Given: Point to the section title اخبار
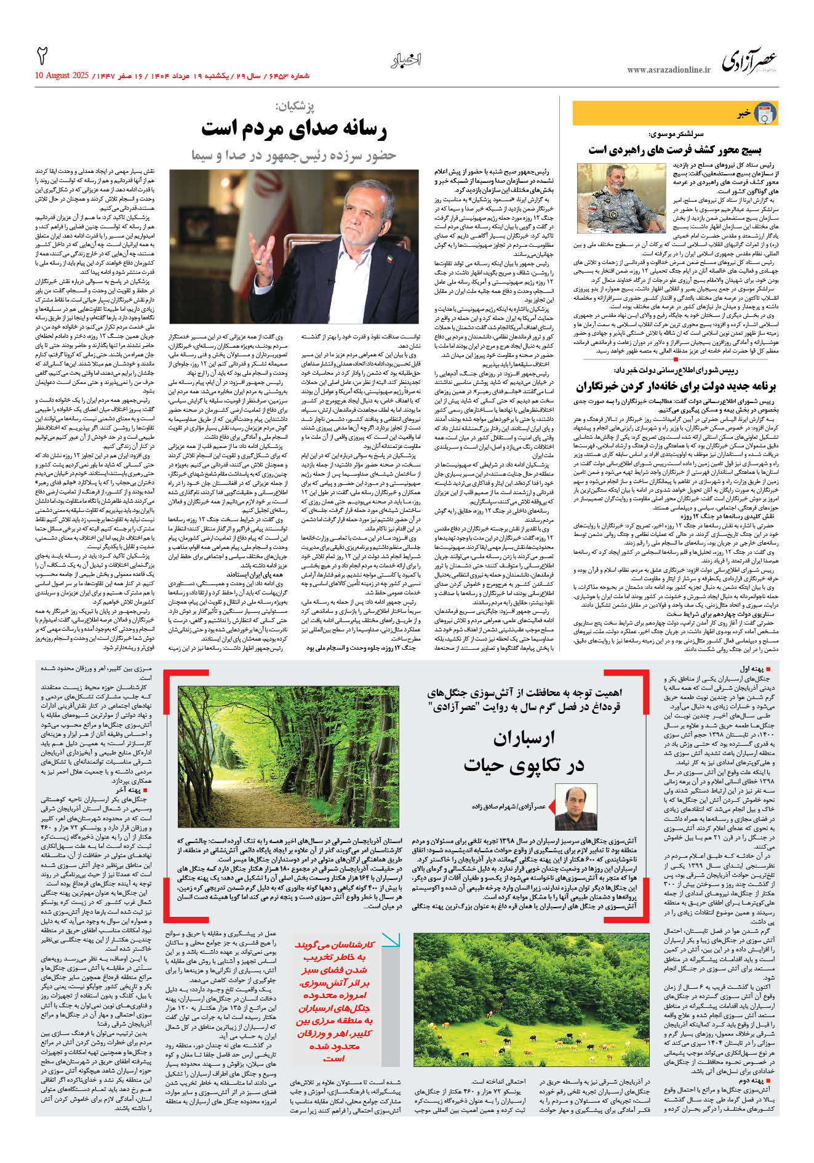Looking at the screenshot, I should point(406,60).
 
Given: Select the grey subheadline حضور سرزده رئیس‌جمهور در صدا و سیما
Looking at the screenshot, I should point(294,154).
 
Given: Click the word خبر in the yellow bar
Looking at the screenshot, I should point(744,113).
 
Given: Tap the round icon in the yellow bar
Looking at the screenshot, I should point(765,113).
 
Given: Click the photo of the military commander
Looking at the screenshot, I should point(621,198).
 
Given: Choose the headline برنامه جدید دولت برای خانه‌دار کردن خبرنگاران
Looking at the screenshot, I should point(676,386).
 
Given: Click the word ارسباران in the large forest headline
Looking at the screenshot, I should point(524,738).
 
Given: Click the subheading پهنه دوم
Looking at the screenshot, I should point(752,1080).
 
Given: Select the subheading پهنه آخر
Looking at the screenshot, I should point(129,789).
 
